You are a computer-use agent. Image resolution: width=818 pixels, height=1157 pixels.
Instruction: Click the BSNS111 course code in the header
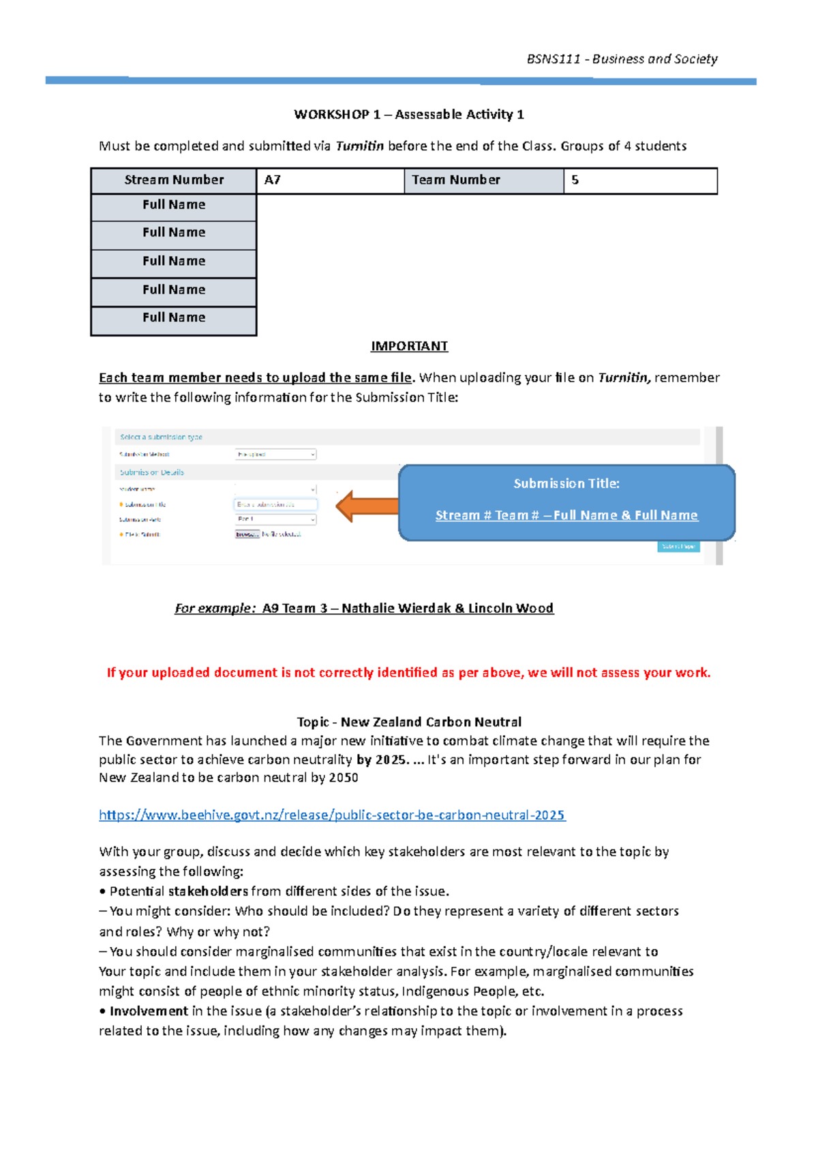553,59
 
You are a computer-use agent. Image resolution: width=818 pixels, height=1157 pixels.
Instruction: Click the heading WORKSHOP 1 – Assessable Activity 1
408,114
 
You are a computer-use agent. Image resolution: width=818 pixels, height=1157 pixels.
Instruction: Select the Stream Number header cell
174,181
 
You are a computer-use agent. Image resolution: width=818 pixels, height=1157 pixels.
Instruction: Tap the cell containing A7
330,181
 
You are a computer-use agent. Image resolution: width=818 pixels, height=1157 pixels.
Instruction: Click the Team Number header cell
483,181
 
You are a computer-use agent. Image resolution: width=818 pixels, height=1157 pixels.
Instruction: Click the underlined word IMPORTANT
409,346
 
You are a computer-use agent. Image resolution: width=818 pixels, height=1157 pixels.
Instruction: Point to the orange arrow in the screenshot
367,506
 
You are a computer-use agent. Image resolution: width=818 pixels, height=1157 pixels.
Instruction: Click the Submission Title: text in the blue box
566,484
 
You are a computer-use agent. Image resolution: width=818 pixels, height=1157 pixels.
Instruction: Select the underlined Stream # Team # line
566,516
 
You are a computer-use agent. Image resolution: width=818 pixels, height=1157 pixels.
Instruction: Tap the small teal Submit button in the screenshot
678,546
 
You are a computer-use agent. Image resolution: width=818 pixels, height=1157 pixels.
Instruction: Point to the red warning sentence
408,673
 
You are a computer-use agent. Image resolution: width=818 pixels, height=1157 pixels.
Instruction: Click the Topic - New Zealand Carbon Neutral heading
409,722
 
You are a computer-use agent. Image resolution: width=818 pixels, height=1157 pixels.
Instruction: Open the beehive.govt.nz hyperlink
332,815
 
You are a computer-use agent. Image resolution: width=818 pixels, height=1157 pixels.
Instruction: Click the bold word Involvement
149,1011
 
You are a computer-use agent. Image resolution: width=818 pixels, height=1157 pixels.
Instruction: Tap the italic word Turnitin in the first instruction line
359,146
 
